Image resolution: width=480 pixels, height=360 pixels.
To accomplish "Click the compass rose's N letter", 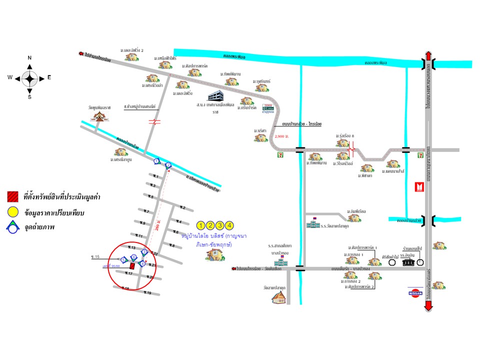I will tap(29, 58).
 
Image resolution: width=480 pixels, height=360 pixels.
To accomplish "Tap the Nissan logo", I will tap(415, 292).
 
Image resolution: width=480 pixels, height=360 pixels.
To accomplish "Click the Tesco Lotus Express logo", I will tap(268, 109).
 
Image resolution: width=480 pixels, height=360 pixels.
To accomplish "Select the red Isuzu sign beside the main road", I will tap(419, 187).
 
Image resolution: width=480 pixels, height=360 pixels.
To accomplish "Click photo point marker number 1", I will tap(156, 161).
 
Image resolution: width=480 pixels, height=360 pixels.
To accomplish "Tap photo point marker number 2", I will tap(168, 164).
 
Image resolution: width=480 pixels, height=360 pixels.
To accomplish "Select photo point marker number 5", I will tap(123, 259).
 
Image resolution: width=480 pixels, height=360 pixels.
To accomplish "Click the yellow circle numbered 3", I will tap(220, 225).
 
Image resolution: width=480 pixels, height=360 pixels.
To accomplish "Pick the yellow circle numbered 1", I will tap(201, 225).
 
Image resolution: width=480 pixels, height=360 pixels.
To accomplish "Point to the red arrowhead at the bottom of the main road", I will tap(428, 307).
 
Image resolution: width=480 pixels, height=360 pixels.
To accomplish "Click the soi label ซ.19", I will tap(148, 292).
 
